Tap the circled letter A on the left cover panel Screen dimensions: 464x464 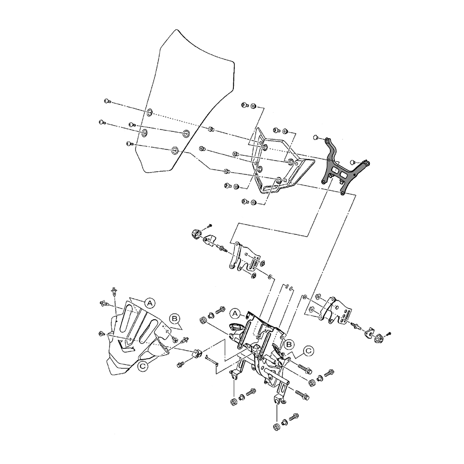150,303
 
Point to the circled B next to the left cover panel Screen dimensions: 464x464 174,319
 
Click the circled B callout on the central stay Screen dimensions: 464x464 289,344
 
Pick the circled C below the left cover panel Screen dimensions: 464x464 143,367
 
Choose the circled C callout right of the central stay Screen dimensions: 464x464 308,351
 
